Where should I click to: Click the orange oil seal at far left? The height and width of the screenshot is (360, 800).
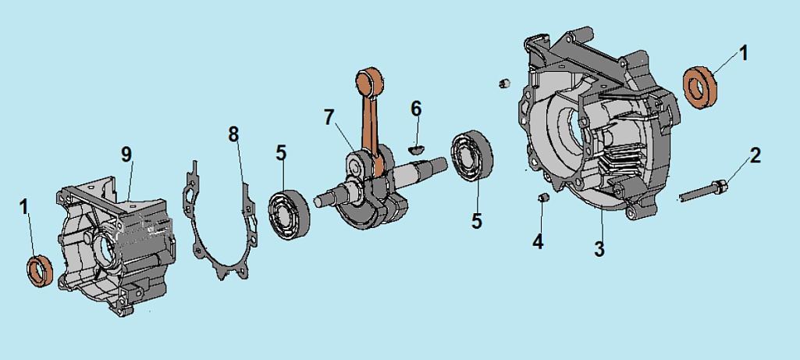tap(41, 270)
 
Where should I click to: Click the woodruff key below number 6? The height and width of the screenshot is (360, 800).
tap(417, 144)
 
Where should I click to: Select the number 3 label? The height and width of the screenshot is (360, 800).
tap(599, 250)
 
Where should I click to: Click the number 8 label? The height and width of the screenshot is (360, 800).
tap(233, 134)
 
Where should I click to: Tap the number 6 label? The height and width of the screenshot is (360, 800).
tap(416, 109)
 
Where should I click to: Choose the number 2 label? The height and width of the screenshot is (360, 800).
tap(754, 156)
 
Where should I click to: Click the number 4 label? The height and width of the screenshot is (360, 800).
tap(537, 241)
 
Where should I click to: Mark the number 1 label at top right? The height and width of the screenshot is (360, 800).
tap(743, 53)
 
